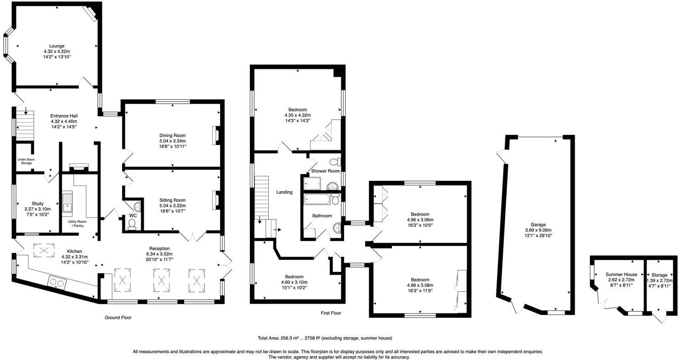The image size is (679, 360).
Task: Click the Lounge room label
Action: point(57,46)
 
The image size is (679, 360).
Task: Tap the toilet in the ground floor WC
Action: point(132,223)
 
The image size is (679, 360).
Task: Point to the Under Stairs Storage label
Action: point(26,161)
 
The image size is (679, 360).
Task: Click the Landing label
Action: point(284,192)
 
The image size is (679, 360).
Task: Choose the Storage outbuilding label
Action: point(659,275)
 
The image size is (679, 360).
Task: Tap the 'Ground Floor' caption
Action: point(118,317)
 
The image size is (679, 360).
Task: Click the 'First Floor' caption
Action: point(331,313)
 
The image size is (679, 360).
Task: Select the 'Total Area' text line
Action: point(324,338)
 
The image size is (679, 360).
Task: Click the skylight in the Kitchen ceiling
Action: point(44,250)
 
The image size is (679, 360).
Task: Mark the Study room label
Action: point(38,203)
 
